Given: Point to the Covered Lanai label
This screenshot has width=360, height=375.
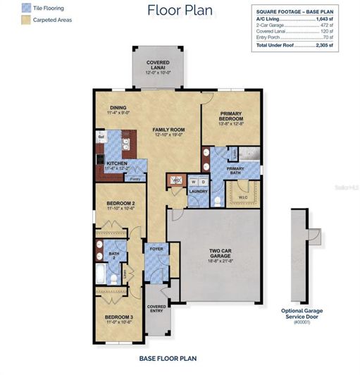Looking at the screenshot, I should pyautogui.click(x=157, y=66).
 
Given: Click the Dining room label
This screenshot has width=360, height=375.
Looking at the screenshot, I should pyautogui.click(x=118, y=106).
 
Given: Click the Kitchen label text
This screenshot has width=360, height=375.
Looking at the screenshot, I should pyautogui.click(x=116, y=164).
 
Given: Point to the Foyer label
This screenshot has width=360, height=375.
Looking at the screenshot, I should pyautogui.click(x=156, y=249).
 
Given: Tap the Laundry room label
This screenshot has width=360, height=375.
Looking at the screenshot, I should pyautogui.click(x=197, y=191).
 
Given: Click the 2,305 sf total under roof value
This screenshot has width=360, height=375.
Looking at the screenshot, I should pyautogui.click(x=323, y=45).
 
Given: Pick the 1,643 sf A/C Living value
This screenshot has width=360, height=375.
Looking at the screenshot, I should pyautogui.click(x=323, y=19).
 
